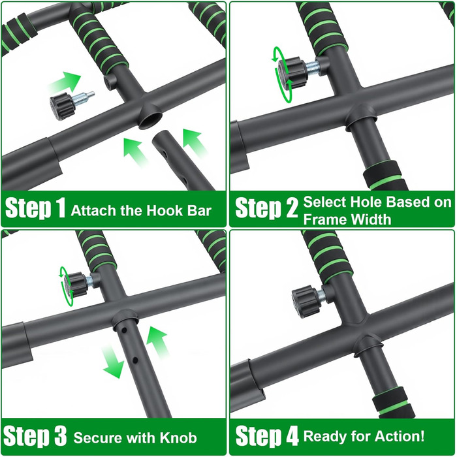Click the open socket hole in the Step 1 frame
tap(150, 119)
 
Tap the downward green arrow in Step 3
tap(112, 362)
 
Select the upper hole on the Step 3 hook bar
tap(124, 330)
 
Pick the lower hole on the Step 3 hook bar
tap(135, 360)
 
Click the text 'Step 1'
tap(35, 207)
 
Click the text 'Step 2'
tap(266, 207)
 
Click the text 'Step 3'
tap(35, 435)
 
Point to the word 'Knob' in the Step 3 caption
tap(178, 438)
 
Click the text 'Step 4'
tap(266, 435)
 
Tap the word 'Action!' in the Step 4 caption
tap(400, 436)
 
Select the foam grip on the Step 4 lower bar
tap(394, 403)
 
